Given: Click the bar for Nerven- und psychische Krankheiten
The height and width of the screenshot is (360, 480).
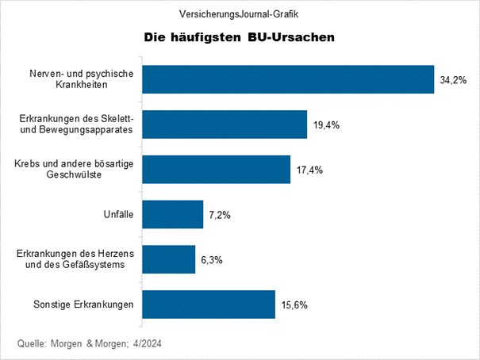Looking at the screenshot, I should coord(288,79).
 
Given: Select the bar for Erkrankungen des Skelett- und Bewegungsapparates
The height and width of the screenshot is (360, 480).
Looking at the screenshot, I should coord(225,124).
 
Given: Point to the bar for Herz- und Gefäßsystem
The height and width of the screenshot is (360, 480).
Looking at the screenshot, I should coord(169,259).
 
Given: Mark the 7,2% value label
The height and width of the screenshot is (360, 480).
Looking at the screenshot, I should coord(218,214).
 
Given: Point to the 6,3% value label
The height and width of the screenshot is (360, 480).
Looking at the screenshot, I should coord(209,259).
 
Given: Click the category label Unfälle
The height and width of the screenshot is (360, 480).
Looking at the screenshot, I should coord(117,214).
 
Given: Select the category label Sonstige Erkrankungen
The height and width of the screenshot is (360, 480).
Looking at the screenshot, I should coord(83,304).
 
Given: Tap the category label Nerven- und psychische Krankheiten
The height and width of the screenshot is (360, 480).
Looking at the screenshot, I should coord(80,79).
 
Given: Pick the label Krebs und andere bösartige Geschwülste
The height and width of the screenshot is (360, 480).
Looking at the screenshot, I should coord(73,169).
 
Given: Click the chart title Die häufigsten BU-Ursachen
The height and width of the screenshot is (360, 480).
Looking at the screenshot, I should coord(239,37).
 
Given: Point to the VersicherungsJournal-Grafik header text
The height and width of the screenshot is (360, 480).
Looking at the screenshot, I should coord(240,13).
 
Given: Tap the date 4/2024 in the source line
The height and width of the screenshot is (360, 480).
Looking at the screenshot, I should coord(155,343).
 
